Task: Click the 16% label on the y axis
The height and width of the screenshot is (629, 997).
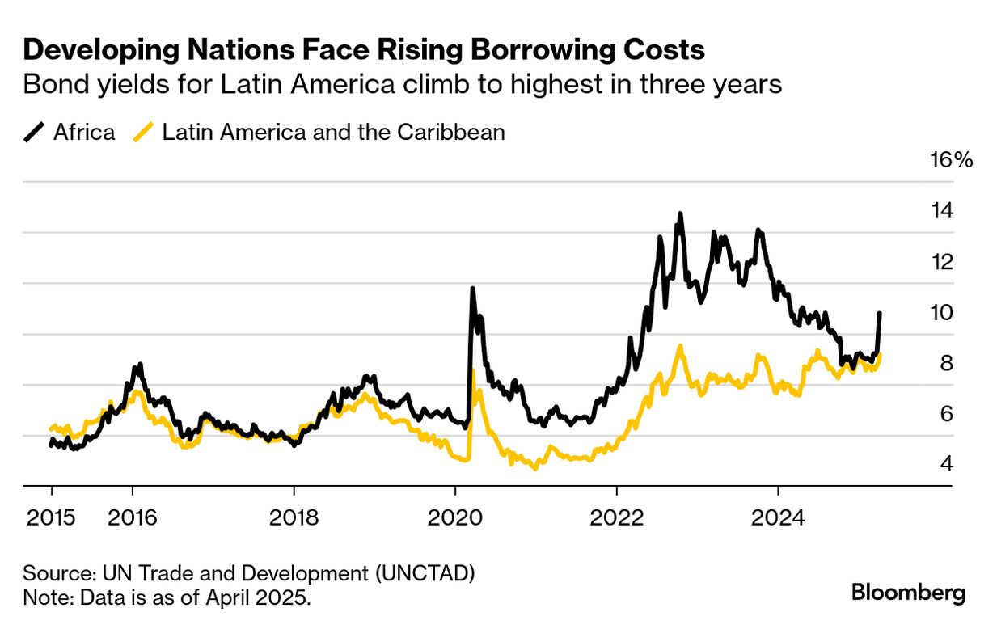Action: pos(953,160)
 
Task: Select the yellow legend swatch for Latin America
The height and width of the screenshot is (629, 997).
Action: pos(143,132)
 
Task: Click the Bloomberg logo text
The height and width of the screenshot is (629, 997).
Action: pos(908,593)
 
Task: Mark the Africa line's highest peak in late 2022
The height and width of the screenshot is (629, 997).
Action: pos(680,214)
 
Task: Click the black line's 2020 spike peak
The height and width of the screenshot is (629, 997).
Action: pos(472,289)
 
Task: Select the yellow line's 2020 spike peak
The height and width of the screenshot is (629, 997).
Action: pos(473,371)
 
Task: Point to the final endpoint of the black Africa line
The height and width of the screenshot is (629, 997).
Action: pos(880,313)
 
